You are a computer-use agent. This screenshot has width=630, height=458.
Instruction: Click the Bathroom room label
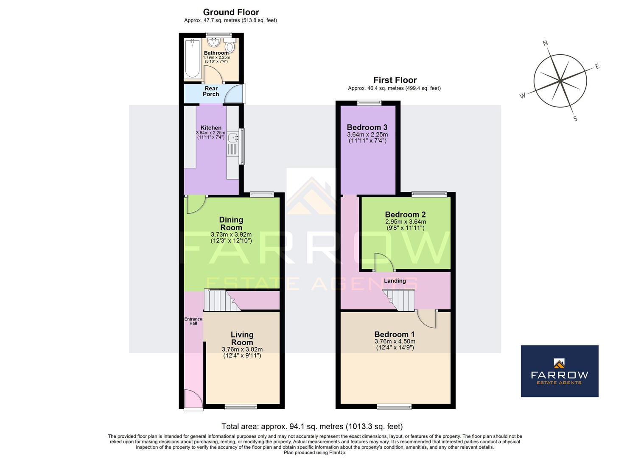click(x=216, y=53)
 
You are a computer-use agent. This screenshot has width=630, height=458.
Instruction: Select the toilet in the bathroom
click(x=230, y=46)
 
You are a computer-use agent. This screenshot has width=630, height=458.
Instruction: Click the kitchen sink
click(x=233, y=138)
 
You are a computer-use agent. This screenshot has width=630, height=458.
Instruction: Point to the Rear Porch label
click(x=211, y=91)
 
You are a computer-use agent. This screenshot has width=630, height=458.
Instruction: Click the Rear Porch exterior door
click(x=235, y=94)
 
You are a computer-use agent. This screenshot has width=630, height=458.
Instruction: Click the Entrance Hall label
click(x=193, y=321)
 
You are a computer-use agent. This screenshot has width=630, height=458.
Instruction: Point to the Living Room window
click(x=241, y=407)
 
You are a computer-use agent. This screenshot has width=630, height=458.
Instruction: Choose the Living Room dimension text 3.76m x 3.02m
click(x=242, y=349)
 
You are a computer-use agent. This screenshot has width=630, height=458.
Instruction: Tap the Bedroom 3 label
click(x=367, y=127)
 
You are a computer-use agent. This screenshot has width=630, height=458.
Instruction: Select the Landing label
click(x=395, y=281)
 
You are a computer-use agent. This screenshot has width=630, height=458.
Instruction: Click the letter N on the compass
click(x=546, y=43)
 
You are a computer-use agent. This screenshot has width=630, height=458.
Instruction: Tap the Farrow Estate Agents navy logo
click(x=559, y=371)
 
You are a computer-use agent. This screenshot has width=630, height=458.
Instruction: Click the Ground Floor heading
click(x=231, y=12)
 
